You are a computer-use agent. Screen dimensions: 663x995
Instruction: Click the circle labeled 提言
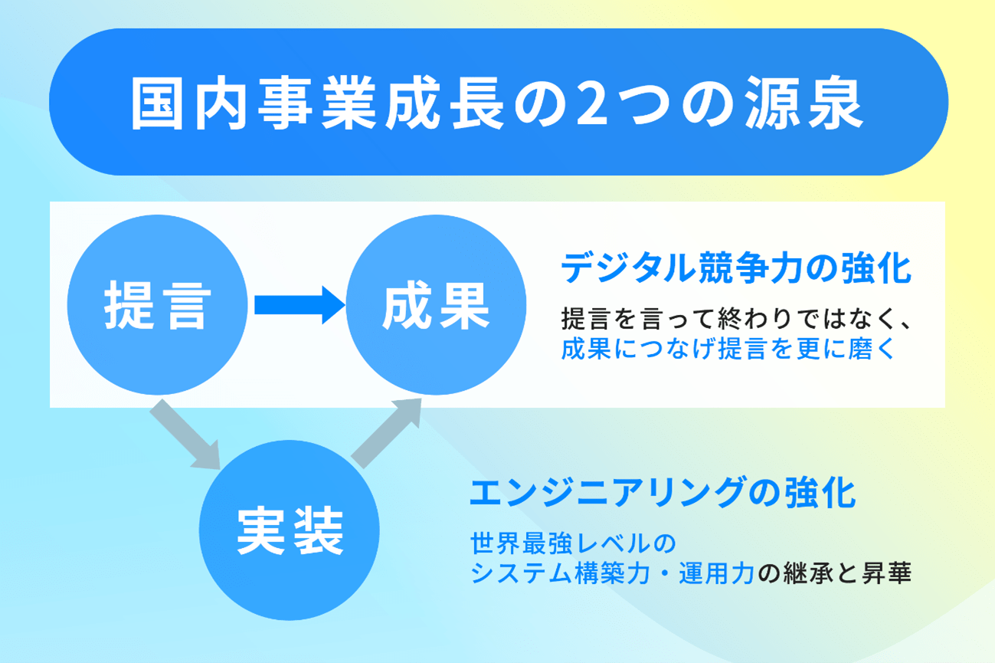(158, 305)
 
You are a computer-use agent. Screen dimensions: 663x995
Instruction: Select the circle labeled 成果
(436, 305)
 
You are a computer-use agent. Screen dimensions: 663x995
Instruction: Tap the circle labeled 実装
(290, 530)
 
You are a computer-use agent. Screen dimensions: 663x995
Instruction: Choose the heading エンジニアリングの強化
(662, 493)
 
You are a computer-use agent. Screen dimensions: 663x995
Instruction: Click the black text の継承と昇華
(834, 573)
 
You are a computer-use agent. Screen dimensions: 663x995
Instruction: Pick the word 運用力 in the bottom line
(717, 573)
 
